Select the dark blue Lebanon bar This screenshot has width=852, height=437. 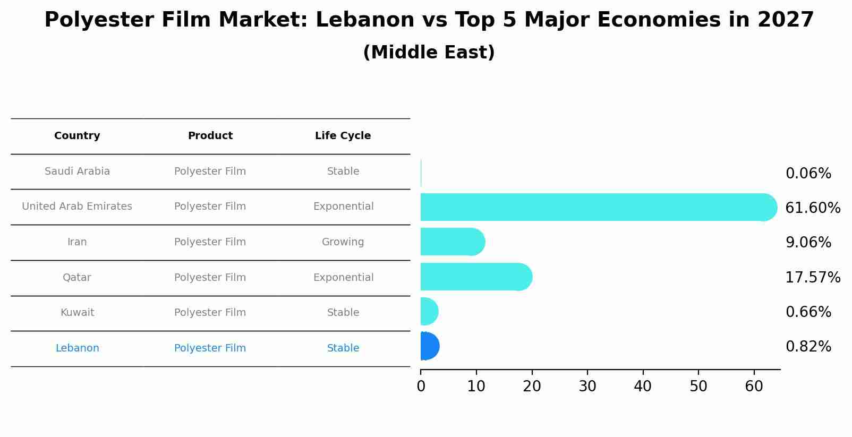[x=429, y=346]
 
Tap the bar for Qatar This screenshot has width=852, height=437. [x=475, y=277]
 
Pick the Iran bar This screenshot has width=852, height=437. [x=451, y=242]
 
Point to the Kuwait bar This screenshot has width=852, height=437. [x=429, y=311]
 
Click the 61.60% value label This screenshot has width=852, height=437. [x=812, y=208]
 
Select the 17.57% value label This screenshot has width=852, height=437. [x=812, y=277]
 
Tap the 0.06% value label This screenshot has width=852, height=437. [x=808, y=174]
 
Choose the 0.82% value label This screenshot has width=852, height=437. [x=808, y=347]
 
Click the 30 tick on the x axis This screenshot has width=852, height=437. [x=587, y=387]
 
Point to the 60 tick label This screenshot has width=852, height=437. [x=754, y=387]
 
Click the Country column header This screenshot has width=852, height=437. [x=77, y=136]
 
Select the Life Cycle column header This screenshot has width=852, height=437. [x=343, y=136]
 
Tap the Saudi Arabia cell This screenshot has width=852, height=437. [x=77, y=172]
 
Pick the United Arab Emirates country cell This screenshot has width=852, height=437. [x=77, y=207]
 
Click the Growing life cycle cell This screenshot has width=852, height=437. [x=343, y=242]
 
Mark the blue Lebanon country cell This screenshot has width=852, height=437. [x=77, y=348]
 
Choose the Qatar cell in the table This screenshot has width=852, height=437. [x=77, y=278]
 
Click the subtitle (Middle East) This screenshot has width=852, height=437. [x=429, y=53]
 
